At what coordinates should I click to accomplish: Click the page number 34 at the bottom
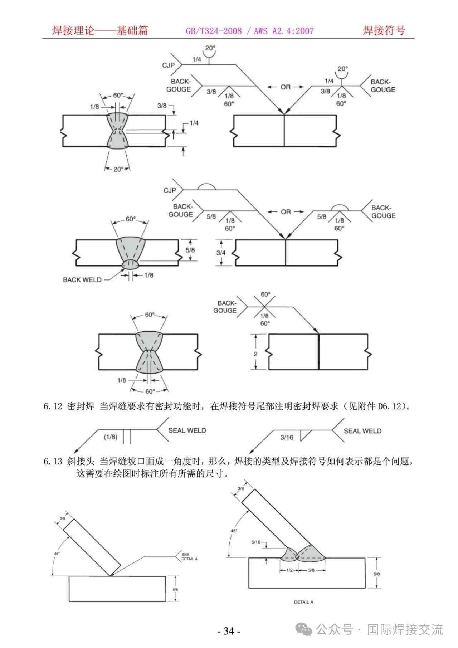(229, 631)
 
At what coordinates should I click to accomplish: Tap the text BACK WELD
(82, 280)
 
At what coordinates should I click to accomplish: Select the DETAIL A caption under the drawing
(303, 602)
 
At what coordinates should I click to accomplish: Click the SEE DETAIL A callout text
(189, 556)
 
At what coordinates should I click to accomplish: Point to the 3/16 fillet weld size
(287, 437)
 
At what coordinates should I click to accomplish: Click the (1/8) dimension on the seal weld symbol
(110, 437)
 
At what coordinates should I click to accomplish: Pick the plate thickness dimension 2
(255, 354)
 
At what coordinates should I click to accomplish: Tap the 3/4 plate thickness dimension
(221, 253)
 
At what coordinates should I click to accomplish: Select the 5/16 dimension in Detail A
(256, 542)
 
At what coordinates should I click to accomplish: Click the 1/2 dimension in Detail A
(289, 570)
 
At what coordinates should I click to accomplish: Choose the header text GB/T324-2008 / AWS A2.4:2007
(250, 31)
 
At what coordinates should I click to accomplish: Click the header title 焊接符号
(384, 30)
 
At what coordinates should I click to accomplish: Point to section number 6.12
(53, 406)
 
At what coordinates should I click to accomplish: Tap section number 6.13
(53, 462)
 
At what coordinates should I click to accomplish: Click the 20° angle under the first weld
(118, 169)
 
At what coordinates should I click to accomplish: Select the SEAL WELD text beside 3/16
(362, 431)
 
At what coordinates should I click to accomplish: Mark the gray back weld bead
(130, 264)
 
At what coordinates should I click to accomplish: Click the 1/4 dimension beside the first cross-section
(194, 123)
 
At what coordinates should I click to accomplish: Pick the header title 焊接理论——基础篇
(100, 30)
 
